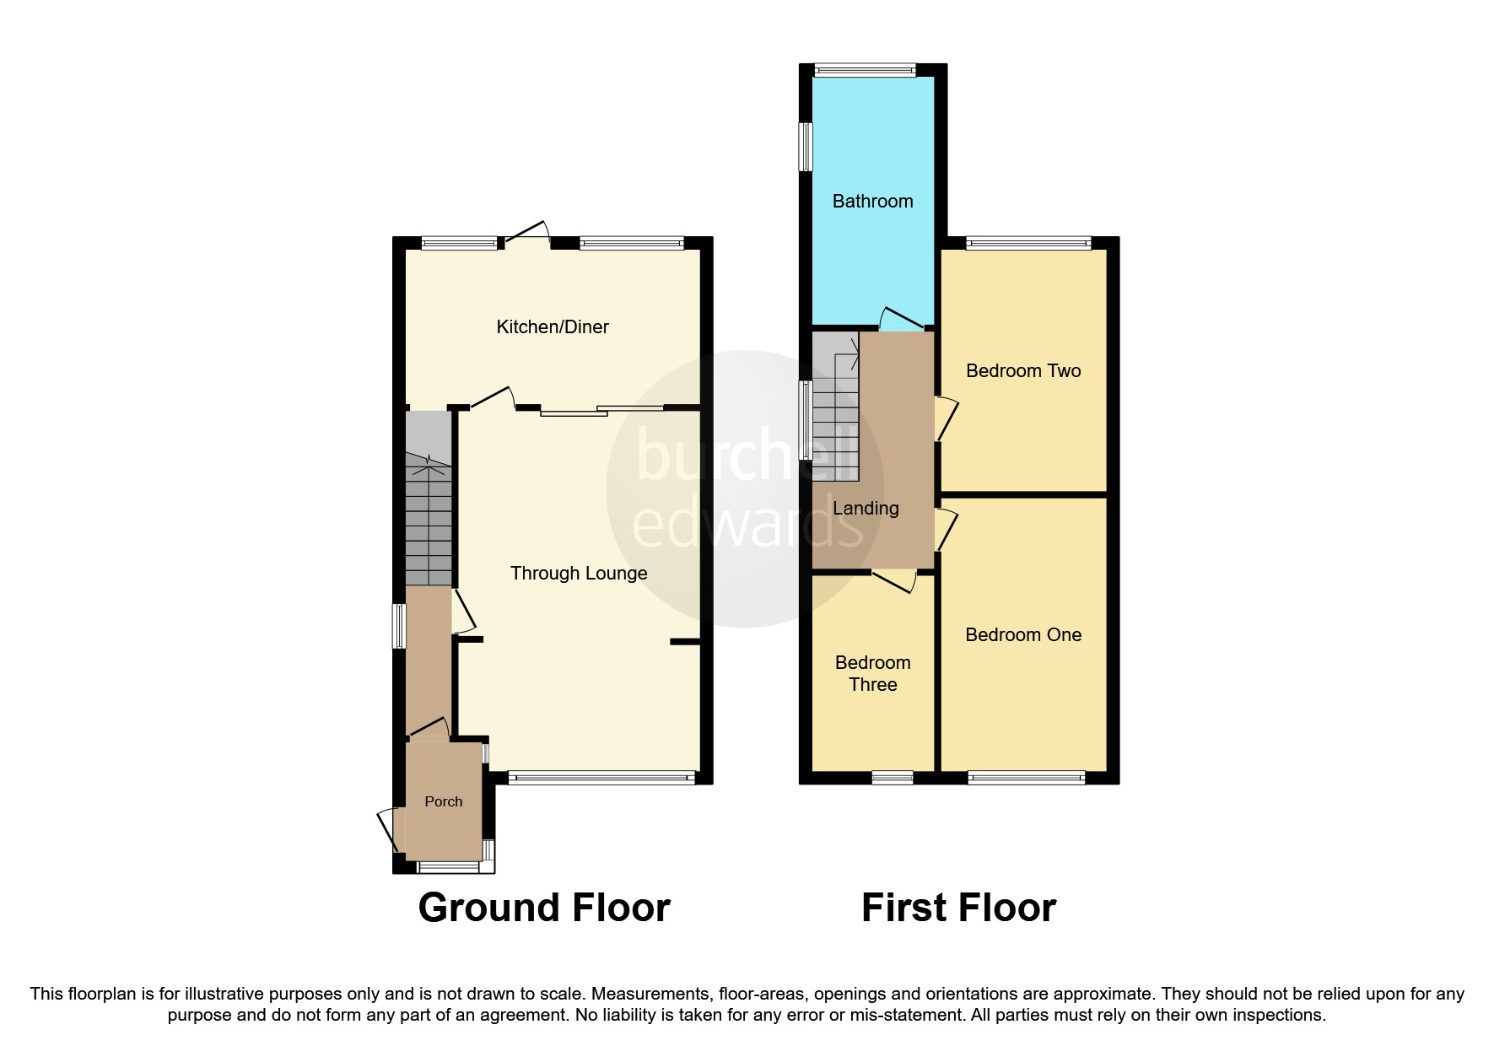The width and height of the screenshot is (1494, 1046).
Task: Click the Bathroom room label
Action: (x=872, y=201)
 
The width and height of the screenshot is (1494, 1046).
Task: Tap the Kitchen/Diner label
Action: (x=552, y=326)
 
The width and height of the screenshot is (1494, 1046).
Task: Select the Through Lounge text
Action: (x=579, y=573)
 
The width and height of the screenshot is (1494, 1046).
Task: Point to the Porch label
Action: (x=444, y=801)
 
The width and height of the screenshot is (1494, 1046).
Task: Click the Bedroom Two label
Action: (x=1022, y=370)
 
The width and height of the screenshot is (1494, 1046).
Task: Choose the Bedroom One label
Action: (x=1022, y=634)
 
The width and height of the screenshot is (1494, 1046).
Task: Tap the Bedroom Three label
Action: (x=872, y=673)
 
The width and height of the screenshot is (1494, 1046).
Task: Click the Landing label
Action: (x=866, y=508)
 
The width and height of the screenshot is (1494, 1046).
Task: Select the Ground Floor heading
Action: (x=544, y=908)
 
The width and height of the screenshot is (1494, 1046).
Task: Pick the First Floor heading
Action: (x=958, y=908)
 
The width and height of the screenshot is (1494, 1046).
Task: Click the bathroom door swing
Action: (x=899, y=318)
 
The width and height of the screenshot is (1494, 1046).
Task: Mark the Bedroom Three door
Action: (x=894, y=580)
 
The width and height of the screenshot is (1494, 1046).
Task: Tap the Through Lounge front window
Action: (x=602, y=778)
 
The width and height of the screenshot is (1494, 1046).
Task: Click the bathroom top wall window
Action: (x=864, y=71)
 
